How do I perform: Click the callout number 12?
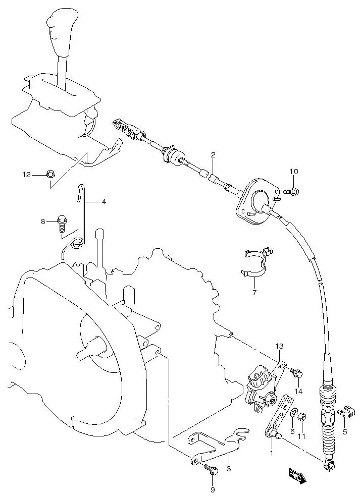tap(26, 175)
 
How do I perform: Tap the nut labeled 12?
tap(50, 175)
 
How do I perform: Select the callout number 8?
tap(43, 221)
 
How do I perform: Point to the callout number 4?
tap(104, 202)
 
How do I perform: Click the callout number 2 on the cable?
tap(213, 155)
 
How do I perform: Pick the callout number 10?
tap(294, 172)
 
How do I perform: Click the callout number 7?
tap(254, 292)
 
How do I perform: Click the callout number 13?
tap(280, 346)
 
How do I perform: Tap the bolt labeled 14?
tap(297, 373)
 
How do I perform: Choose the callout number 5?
tap(345, 431)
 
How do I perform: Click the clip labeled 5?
tap(344, 412)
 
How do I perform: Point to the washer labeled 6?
tap(293, 414)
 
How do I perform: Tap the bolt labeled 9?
tap(211, 471)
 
